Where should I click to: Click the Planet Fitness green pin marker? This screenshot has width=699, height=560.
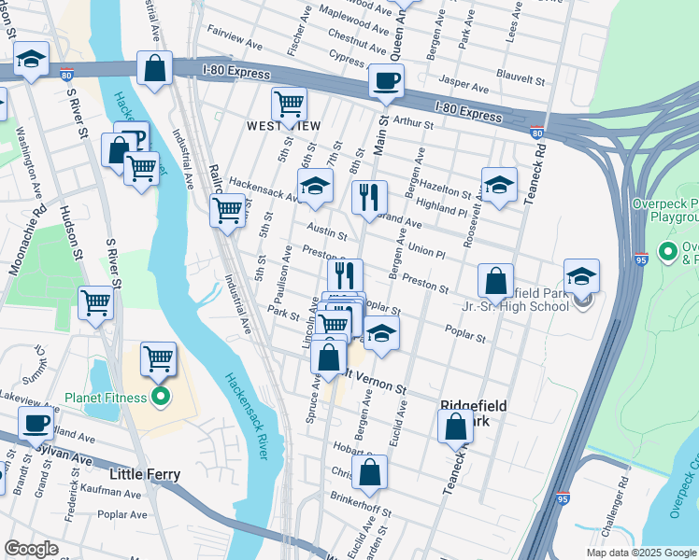pos(160,399)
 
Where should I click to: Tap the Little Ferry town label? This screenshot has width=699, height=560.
pos(145,473)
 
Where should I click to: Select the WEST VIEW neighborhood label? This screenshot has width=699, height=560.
pos(282,126)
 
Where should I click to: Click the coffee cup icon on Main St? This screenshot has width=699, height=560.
pos(386,80)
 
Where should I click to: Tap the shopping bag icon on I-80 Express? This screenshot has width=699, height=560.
pos(155,68)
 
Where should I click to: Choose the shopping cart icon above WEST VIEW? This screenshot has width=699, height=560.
pos(290,105)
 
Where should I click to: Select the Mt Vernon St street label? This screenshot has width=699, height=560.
pos(375,383)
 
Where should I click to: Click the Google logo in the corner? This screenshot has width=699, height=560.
pos(32,549)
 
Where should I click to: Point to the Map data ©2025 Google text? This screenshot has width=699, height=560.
pos(641,553)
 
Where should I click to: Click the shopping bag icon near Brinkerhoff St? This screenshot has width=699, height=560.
pos(370,472)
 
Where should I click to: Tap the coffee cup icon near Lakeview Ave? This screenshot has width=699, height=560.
pos(37,422)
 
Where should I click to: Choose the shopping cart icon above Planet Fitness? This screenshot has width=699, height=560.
pos(159,357)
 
